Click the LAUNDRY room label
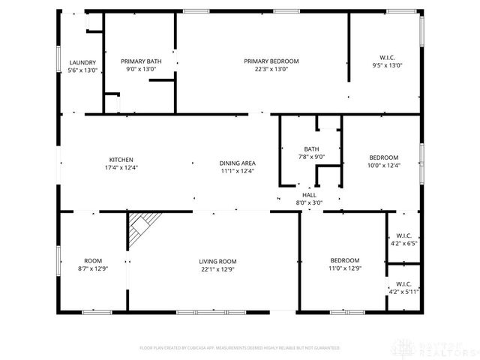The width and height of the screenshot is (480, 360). click(x=82, y=62)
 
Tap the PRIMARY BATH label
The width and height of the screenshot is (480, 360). click(x=141, y=61)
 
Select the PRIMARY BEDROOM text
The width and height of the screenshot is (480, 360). click(x=271, y=61)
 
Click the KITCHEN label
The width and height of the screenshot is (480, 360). click(x=121, y=160)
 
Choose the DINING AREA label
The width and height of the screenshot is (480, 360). click(x=238, y=163)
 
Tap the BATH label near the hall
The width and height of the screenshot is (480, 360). click(x=311, y=148)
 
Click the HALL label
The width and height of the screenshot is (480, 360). click(x=309, y=194)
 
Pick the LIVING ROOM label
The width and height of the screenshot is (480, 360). click(x=217, y=261)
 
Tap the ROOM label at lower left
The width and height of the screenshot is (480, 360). click(x=93, y=260)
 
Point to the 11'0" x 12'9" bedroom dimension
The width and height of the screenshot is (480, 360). click(x=345, y=268)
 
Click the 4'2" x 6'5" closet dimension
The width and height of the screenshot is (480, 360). click(x=403, y=243)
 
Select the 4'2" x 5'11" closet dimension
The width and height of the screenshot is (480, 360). click(x=403, y=292)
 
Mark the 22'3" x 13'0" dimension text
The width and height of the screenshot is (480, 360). click(x=271, y=69)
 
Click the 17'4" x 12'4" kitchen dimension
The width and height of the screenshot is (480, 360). click(x=121, y=168)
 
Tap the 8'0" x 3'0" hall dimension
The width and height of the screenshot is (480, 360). click(x=309, y=202)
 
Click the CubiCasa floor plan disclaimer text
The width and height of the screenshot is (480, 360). click(x=240, y=348)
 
